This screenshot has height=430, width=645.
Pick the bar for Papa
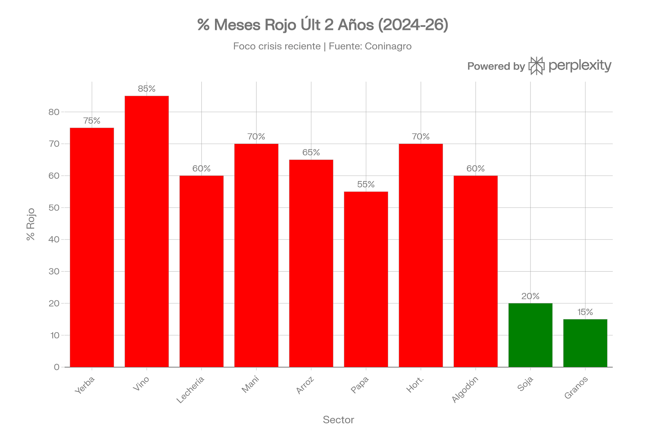[x=366, y=279]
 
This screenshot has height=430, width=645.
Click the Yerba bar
[x=92, y=247]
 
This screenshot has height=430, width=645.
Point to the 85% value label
[x=147, y=89]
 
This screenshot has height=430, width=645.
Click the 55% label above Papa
[x=366, y=184]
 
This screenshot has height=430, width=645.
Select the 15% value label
[x=585, y=312]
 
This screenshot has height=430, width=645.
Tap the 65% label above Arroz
[x=311, y=153]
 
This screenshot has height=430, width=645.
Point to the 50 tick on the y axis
[x=54, y=208]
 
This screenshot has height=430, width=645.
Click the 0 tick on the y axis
[x=56, y=367]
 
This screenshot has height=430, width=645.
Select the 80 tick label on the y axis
[x=54, y=112]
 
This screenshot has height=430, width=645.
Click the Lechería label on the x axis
[x=190, y=390]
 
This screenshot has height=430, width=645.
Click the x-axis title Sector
[x=338, y=420]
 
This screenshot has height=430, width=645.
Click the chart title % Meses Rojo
[x=322, y=26]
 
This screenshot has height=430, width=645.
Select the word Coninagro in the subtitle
[x=388, y=46]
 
